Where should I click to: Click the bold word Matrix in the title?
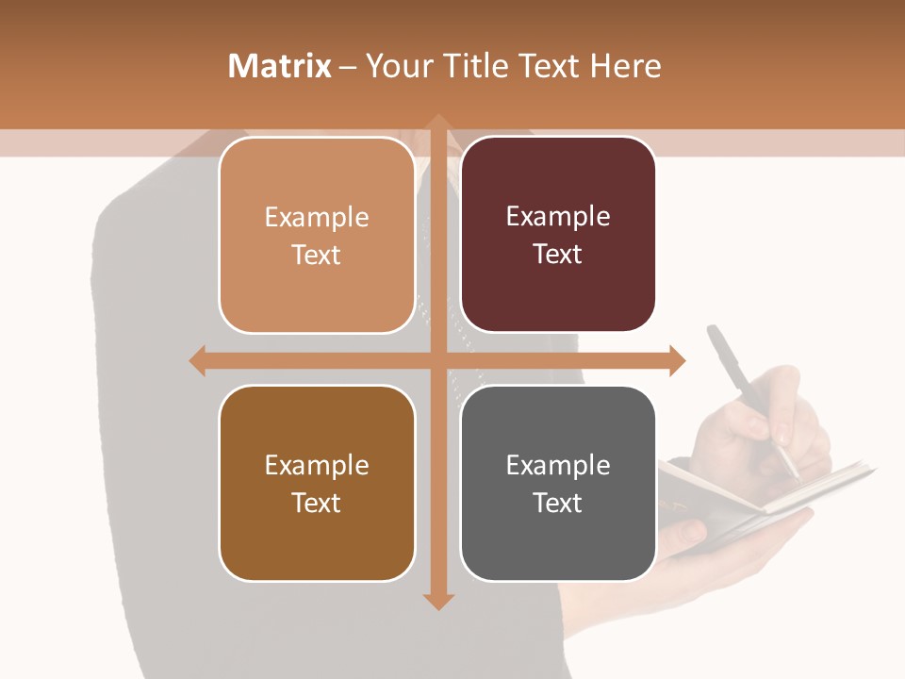280,66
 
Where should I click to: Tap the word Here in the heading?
626,66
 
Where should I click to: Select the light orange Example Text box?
317,236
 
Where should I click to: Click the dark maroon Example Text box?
558,235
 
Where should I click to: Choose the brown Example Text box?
317,483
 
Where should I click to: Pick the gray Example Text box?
558,483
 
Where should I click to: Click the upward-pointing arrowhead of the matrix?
438,123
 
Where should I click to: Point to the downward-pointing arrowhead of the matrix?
438,601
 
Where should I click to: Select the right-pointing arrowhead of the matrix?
677,360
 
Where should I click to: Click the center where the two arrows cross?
438,360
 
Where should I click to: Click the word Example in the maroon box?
558,217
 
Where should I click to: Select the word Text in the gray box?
558,503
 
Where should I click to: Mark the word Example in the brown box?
317,465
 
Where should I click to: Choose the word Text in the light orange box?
317,255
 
